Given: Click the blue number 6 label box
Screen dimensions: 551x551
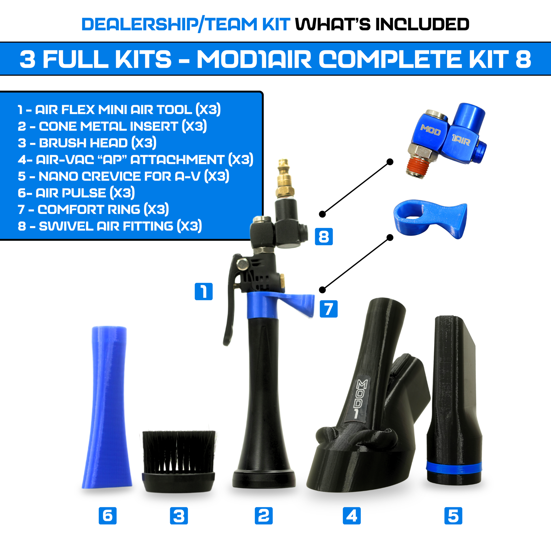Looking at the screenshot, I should coord(108,516).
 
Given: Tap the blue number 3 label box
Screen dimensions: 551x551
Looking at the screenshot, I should coord(179,516).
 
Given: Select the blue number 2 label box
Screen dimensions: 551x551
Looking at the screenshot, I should coord(264,516).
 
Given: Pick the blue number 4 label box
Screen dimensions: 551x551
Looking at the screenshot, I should coord(352,516).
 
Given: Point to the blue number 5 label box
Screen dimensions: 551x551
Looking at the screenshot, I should coord(453,516).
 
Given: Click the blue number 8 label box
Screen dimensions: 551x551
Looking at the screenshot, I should coord(324,236).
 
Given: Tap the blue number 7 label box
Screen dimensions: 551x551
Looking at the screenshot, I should coord(328,309).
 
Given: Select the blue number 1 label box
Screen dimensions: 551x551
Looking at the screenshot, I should coord(204,291).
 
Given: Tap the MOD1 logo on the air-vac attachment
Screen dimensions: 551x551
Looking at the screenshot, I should coord(360,399).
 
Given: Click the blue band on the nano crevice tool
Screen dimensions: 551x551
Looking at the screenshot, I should coord(454,467).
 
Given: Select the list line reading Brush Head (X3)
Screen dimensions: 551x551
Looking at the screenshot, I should coord(87,143).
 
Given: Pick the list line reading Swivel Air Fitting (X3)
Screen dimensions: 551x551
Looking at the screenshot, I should coord(110,226).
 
